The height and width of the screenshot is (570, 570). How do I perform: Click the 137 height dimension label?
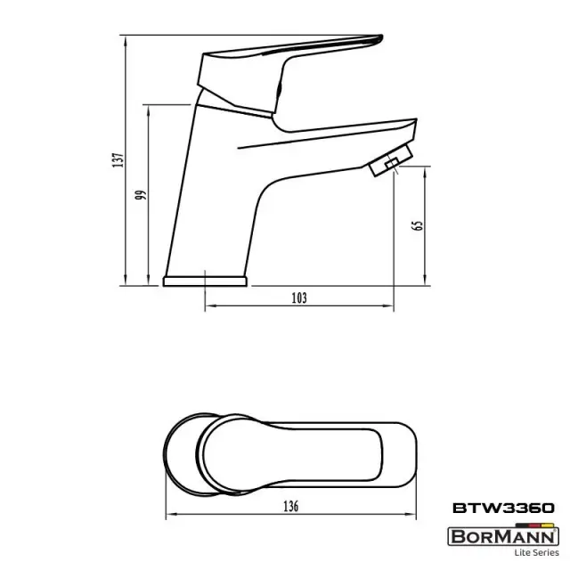[x=118, y=160]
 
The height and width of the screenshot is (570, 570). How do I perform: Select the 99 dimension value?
[x=141, y=194]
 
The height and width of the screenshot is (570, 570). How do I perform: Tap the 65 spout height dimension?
[x=418, y=225]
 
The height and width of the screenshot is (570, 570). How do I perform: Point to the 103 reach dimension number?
[x=299, y=298]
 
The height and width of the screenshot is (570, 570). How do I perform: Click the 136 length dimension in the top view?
[x=291, y=506]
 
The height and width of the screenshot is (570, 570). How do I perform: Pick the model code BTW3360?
[x=503, y=508]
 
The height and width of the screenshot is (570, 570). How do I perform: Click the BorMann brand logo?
[x=503, y=536]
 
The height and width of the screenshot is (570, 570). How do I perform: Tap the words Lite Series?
[x=536, y=552]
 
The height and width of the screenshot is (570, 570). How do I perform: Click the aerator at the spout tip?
[x=391, y=160]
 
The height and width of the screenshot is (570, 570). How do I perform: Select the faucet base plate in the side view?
[x=205, y=281]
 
